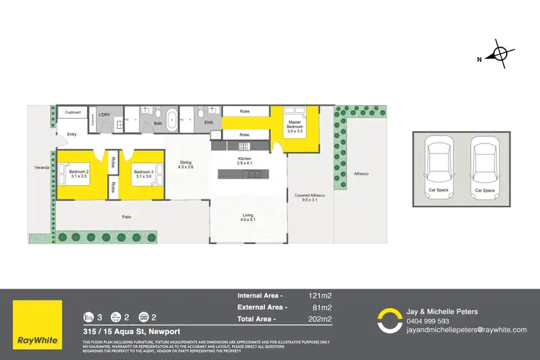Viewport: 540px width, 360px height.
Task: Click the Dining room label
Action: (x=186, y=165)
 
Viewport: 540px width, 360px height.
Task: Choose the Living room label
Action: (x=247, y=218)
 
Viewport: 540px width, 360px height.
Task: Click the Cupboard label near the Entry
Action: (x=73, y=112)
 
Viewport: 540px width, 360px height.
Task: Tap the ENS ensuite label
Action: (x=209, y=123)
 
